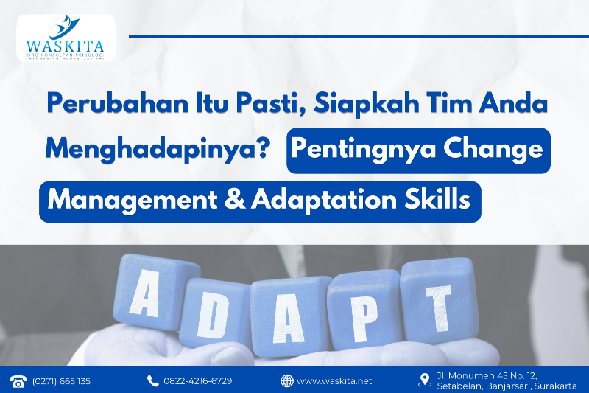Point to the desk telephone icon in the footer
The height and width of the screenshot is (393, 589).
coord(18,380)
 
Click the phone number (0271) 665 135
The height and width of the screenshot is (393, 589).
coord(61,380)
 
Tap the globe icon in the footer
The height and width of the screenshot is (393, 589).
coord(287,380)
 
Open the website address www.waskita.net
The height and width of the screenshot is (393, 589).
coord(334,380)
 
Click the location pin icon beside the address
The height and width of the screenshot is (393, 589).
coord(424,380)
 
